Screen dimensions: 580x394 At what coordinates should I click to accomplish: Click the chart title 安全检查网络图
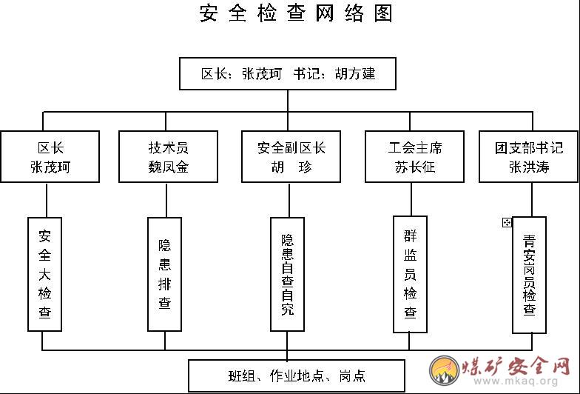click(296, 13)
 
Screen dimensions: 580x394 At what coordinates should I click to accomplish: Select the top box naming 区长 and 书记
click(288, 74)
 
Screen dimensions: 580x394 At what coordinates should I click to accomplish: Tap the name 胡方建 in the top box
click(355, 74)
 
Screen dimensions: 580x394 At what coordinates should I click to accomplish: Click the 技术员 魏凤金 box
click(169, 157)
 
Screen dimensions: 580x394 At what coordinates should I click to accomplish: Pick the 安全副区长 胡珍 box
click(291, 157)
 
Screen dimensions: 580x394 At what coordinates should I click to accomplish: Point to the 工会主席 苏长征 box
click(414, 157)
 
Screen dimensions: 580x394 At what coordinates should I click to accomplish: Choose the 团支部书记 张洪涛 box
click(528, 157)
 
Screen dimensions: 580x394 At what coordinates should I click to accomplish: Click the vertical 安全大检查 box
click(44, 274)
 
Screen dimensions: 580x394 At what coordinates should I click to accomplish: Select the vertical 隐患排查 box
click(164, 274)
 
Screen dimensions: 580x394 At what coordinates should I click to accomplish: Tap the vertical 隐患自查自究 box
click(287, 274)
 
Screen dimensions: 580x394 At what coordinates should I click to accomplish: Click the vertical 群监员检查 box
click(410, 274)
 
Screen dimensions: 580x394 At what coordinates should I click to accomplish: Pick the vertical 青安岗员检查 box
click(530, 276)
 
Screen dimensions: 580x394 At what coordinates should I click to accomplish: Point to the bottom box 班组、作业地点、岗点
click(297, 376)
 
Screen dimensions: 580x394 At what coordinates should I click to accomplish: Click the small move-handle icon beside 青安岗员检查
click(507, 222)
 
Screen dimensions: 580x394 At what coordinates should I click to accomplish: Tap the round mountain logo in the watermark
click(445, 370)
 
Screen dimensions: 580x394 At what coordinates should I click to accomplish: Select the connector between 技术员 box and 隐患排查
click(166, 200)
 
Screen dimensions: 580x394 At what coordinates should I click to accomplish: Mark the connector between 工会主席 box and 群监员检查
click(411, 200)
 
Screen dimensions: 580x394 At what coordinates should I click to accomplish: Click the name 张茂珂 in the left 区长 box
click(50, 167)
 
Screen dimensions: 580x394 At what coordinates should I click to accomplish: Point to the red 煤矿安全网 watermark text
click(516, 366)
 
